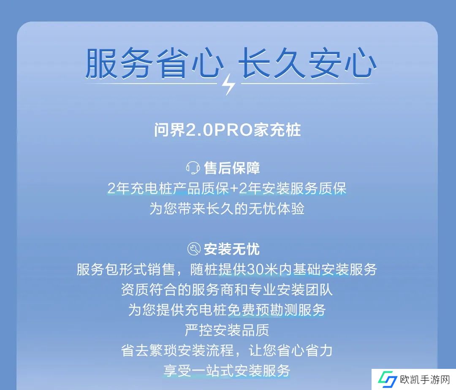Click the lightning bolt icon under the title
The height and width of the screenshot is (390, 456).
[x=228, y=84]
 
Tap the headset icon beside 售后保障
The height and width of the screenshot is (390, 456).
[x=193, y=168]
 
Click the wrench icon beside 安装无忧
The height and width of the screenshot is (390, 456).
[x=194, y=249]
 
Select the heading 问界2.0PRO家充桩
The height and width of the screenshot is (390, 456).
[x=228, y=130]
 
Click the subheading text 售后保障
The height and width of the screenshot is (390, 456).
[x=232, y=168]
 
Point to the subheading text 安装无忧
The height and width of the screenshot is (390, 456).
[x=232, y=249]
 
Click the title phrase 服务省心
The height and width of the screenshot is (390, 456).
[x=154, y=63]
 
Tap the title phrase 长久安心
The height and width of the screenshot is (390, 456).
[x=307, y=63]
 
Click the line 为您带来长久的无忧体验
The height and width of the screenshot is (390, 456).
[x=227, y=209]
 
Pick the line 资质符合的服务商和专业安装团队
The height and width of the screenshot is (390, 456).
[x=227, y=290]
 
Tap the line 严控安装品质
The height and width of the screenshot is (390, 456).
[x=227, y=330]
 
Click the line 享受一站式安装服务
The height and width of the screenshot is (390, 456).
[x=227, y=371]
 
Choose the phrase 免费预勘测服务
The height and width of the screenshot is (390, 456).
[x=277, y=310]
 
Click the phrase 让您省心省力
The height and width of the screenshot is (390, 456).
[x=290, y=350]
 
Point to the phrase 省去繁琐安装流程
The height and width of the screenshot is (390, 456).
[x=178, y=350]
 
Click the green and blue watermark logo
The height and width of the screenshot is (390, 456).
[x=387, y=379]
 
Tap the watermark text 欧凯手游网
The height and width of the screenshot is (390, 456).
[x=425, y=379]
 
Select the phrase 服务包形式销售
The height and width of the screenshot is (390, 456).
[x=126, y=270]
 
